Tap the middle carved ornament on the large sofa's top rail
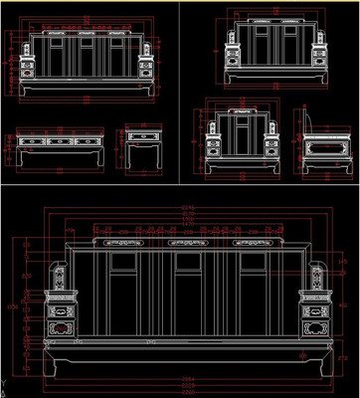pyautogui.click(x=188, y=242)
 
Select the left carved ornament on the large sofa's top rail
pyautogui.click(x=124, y=242)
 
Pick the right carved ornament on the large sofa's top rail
pyautogui.click(x=252, y=242)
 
